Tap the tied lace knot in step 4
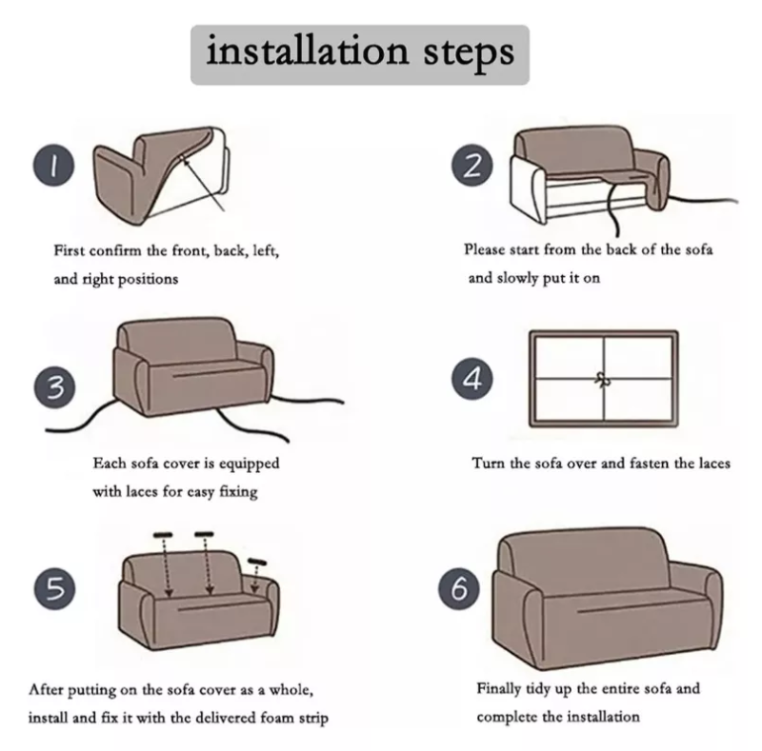(x=601, y=377)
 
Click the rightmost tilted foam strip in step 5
(x=255, y=562)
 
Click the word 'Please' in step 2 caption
(x=486, y=249)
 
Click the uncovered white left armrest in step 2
(x=527, y=186)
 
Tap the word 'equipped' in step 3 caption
(x=250, y=464)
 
